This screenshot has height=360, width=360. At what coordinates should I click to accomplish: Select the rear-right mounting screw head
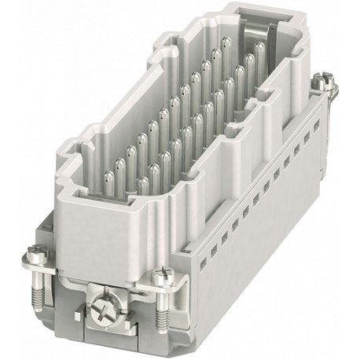pos(322,79)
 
